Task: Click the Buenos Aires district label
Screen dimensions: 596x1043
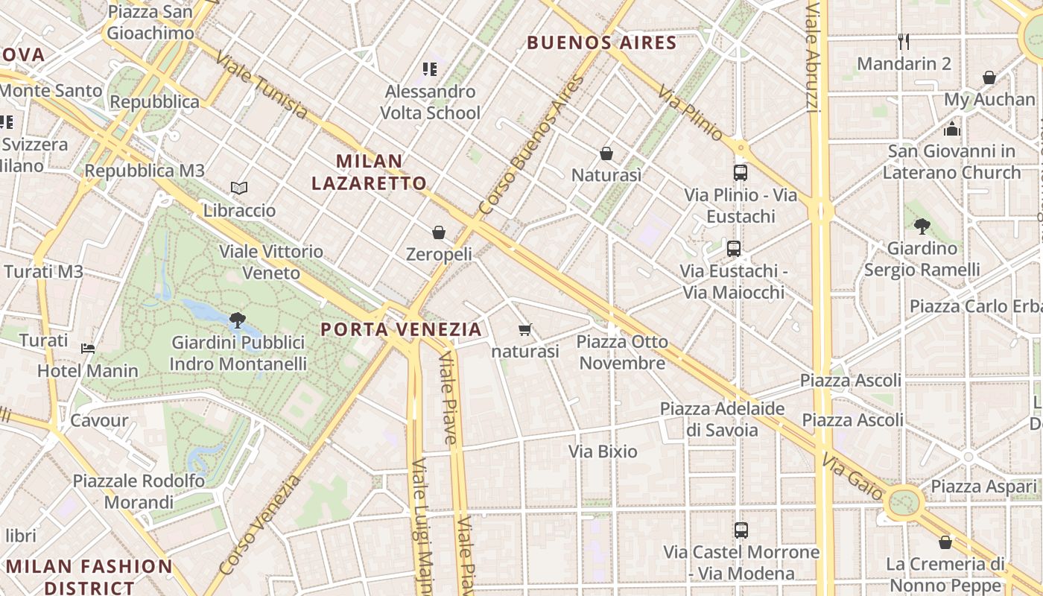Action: tap(602, 42)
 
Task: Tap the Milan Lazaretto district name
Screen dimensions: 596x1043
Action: tap(369, 172)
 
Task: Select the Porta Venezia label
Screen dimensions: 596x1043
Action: tap(401, 329)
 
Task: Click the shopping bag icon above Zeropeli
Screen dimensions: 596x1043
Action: tap(439, 233)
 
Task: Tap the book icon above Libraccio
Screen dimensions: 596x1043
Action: tap(239, 188)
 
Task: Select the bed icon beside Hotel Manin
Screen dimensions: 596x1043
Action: tap(88, 348)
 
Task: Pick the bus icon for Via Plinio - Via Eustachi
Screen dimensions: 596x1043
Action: tap(740, 173)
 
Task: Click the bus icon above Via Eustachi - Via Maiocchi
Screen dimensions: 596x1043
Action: tap(734, 249)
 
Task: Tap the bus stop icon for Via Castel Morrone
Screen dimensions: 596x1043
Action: tap(741, 530)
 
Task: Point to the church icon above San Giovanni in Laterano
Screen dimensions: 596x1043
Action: tap(951, 130)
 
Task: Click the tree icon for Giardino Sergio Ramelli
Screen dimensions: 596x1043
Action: tap(922, 226)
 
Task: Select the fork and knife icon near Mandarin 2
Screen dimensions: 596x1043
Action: tap(904, 42)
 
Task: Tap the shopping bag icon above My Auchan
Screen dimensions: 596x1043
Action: tap(989, 77)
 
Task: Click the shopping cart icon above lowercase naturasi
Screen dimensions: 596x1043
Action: tap(525, 329)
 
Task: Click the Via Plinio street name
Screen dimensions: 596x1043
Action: tap(691, 112)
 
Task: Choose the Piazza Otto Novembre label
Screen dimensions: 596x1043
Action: tap(622, 352)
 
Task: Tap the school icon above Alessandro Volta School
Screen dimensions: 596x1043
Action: tap(429, 69)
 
